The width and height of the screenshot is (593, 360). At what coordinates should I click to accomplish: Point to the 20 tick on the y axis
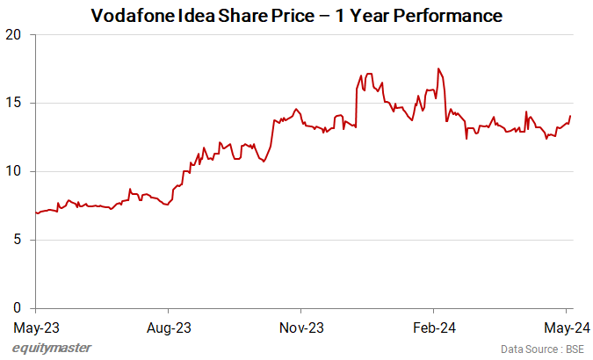pyautogui.click(x=16, y=35)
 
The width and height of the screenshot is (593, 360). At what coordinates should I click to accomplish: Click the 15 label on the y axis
pyautogui.click(x=16, y=104)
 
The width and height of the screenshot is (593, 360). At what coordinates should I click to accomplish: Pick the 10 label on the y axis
pyautogui.click(x=16, y=171)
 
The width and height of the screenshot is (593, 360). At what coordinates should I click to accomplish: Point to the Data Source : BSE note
pyautogui.click(x=542, y=349)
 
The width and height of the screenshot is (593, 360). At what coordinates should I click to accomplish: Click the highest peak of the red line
pyautogui.click(x=438, y=68)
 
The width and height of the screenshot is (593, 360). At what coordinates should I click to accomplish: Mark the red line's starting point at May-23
pyautogui.click(x=35, y=212)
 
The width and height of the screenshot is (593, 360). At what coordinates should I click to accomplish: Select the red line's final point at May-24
pyautogui.click(x=570, y=116)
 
